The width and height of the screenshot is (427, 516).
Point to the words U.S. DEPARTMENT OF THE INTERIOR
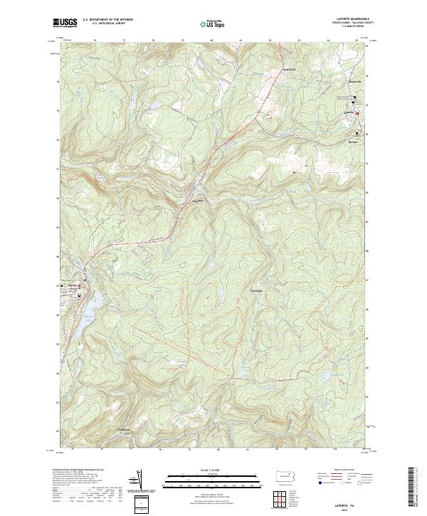click(x=107, y=20)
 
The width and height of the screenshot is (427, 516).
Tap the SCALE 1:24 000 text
click(x=213, y=470)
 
